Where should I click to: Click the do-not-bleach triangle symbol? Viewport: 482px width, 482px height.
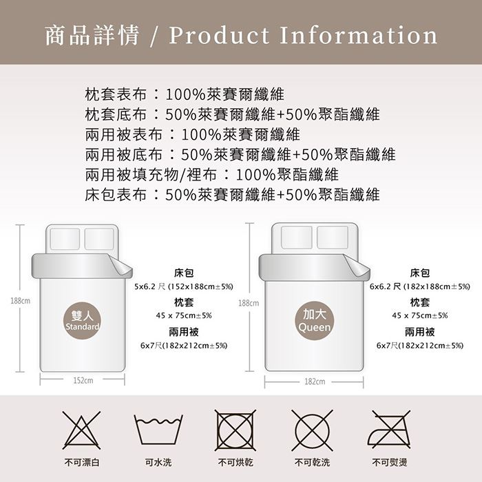click(x=81, y=430)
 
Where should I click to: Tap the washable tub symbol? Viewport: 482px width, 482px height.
click(x=158, y=430)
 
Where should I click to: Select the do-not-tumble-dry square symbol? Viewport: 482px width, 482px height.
click(x=235, y=430)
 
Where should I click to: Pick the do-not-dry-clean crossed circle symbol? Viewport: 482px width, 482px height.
click(x=312, y=430)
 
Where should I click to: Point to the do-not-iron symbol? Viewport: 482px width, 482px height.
click(x=390, y=430)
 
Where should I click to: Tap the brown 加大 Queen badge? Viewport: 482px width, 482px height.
click(x=315, y=321)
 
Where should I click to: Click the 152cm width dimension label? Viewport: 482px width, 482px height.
click(x=83, y=381)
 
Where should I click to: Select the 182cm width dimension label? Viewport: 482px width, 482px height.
click(x=315, y=381)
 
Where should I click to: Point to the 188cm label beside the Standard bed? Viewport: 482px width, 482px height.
click(x=20, y=301)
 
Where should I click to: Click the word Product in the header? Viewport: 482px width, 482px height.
click(x=219, y=35)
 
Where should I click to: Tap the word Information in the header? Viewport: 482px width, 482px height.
click(x=359, y=35)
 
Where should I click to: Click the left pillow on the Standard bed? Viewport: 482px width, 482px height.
click(x=65, y=239)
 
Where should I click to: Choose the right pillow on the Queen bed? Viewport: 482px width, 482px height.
click(x=333, y=238)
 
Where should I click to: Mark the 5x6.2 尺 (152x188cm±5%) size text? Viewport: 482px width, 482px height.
click(x=184, y=287)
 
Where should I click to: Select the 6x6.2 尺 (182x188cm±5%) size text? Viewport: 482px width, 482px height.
click(x=420, y=287)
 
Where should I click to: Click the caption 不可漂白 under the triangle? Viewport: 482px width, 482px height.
click(x=82, y=462)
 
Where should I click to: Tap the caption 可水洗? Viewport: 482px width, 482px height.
click(x=158, y=462)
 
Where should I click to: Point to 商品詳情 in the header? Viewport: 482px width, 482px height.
click(x=92, y=35)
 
